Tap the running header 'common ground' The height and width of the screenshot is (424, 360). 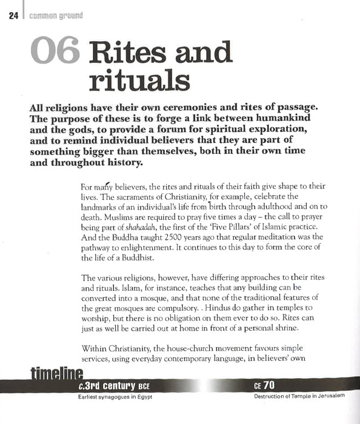pyautogui.click(x=53, y=16)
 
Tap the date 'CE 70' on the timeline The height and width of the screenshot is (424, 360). pyautogui.click(x=265, y=385)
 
